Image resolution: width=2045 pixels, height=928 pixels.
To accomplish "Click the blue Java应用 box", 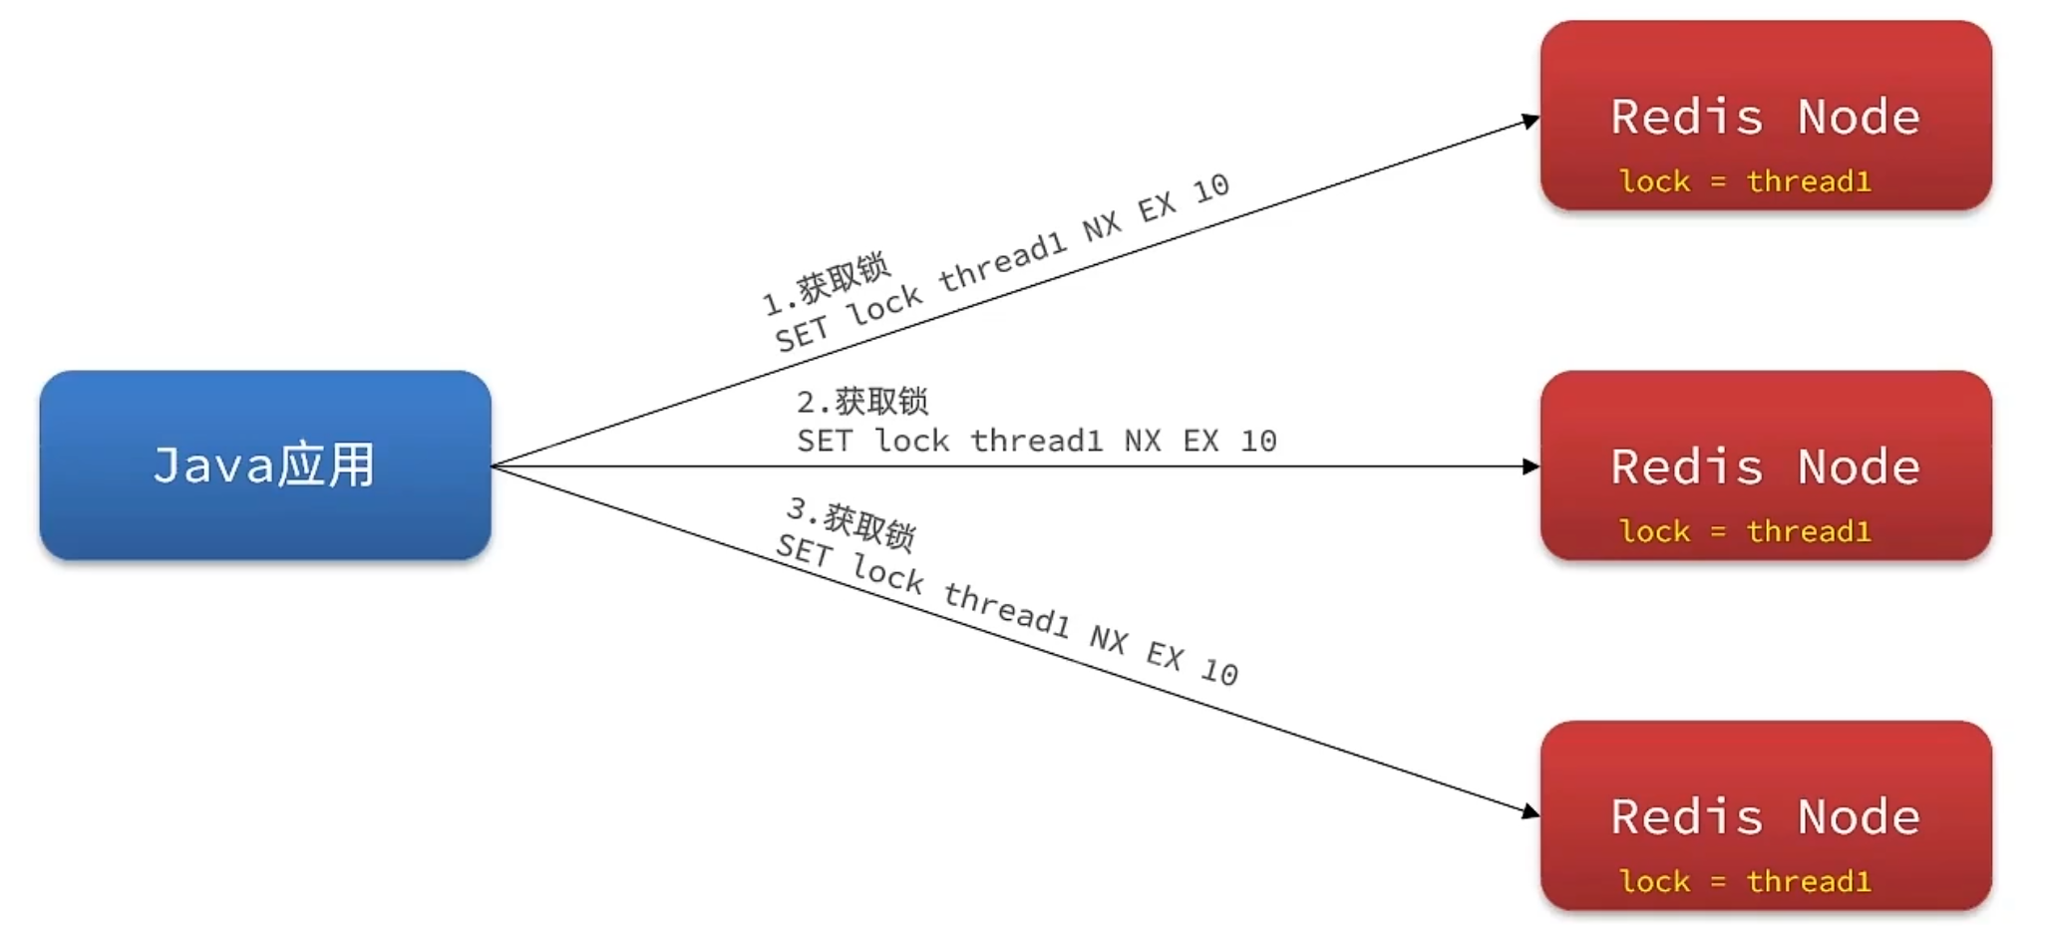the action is tap(264, 464).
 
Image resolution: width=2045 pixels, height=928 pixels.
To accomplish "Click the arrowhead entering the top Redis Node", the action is tap(1530, 121).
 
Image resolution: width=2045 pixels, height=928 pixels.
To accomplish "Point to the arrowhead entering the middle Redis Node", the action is tap(1531, 466).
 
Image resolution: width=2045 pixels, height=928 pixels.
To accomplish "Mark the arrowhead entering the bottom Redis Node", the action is tap(1530, 811).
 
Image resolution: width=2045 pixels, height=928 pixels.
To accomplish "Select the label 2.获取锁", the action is tap(862, 402).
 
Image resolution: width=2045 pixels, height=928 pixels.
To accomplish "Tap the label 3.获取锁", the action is tap(851, 523).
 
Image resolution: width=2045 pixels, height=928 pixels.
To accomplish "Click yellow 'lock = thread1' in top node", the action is tap(1745, 181).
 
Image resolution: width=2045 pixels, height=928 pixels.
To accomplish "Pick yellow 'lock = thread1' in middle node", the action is tap(1745, 531).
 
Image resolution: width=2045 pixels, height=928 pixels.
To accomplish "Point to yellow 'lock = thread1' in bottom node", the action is tap(1745, 881).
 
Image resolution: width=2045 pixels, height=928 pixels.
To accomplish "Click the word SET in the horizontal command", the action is tap(825, 441).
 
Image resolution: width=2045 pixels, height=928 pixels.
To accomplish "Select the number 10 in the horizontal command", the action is tap(1258, 441).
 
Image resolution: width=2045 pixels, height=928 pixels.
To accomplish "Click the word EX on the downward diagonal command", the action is tap(1165, 655).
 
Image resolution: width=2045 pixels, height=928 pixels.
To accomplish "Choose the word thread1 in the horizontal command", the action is tap(1037, 441).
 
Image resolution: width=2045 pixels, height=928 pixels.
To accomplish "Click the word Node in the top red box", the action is tap(1859, 117).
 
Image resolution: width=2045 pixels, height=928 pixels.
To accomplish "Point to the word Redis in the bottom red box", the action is tap(1687, 817).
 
